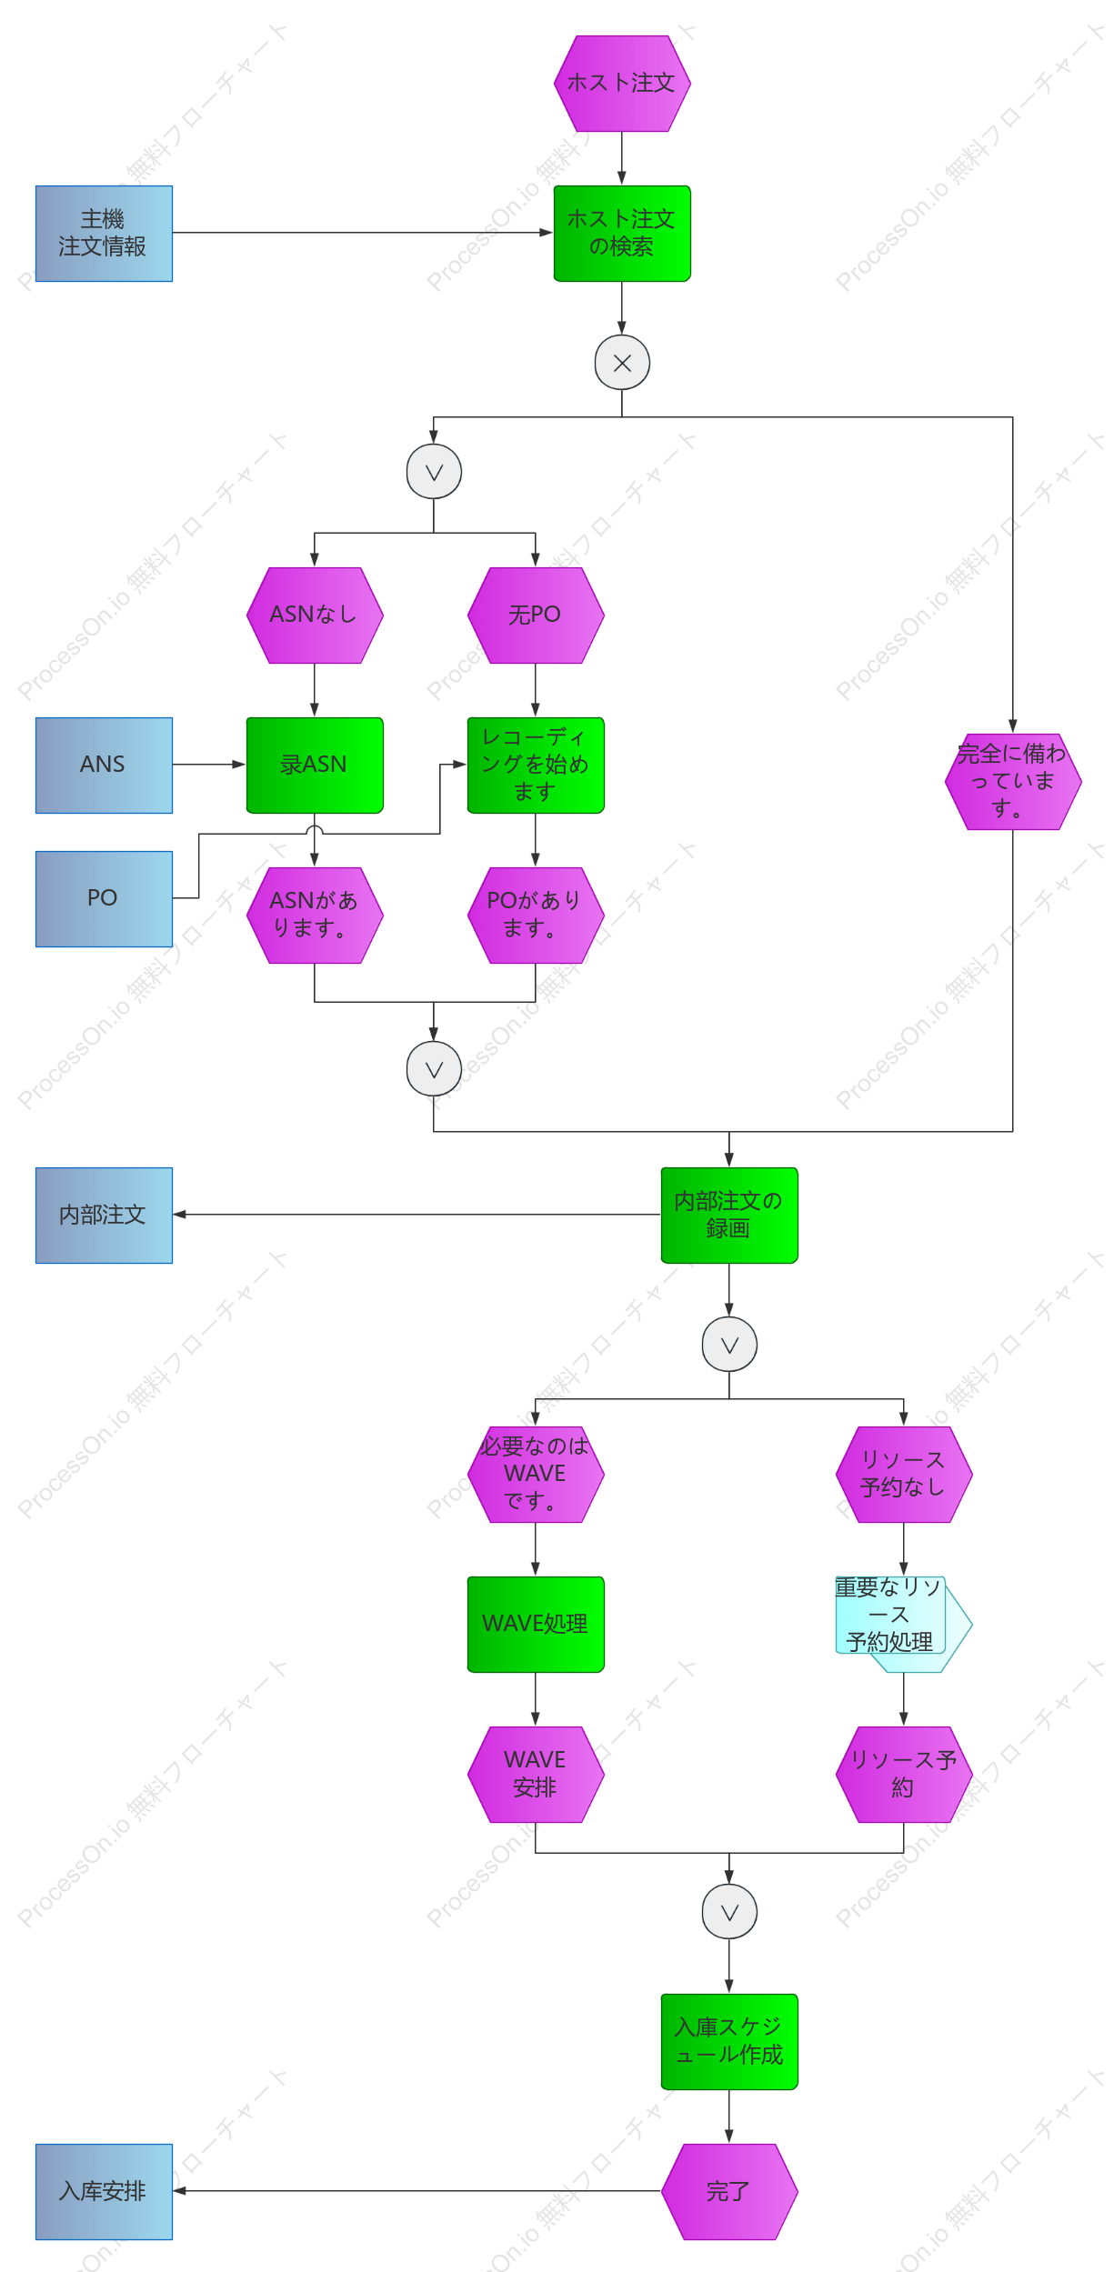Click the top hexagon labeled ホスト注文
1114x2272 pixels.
tap(622, 84)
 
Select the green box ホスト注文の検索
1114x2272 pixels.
tap(622, 234)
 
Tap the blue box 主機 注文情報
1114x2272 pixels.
tap(104, 234)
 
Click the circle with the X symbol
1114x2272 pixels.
tap(622, 363)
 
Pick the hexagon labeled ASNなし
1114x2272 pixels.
tap(315, 616)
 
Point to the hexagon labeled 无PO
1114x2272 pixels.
tap(536, 616)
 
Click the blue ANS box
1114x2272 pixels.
tap(104, 766)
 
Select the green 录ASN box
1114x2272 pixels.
tap(315, 766)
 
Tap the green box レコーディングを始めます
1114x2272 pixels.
tap(536, 766)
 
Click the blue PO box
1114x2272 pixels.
tap(104, 899)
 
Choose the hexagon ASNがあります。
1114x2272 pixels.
tap(315, 916)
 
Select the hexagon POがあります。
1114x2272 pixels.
tap(536, 916)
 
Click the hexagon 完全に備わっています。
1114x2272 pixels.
tap(1013, 782)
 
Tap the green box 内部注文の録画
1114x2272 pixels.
tap(729, 1216)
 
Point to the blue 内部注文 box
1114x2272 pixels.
tap(104, 1216)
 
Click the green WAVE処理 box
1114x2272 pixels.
tap(536, 1625)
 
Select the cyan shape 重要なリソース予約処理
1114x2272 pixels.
tap(904, 1625)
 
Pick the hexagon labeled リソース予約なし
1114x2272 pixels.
tap(904, 1475)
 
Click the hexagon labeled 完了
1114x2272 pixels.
tap(729, 2192)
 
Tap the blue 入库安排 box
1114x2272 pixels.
tap(104, 2192)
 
